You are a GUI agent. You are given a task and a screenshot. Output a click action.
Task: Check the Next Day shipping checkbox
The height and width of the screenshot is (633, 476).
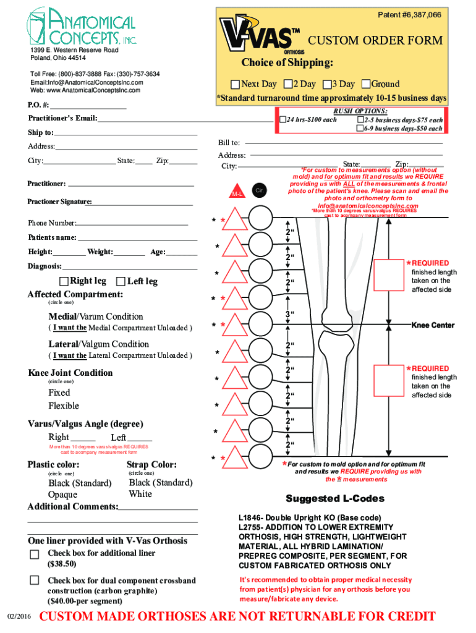[x=235, y=85]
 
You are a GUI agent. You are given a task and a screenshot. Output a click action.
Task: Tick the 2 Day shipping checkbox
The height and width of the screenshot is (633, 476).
[x=288, y=84]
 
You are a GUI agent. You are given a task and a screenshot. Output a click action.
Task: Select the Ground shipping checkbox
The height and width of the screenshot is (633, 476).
[x=366, y=84]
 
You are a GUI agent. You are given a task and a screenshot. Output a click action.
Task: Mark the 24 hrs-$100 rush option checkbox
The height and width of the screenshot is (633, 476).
[x=283, y=119]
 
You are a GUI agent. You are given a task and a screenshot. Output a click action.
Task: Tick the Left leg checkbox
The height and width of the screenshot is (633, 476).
[x=121, y=281]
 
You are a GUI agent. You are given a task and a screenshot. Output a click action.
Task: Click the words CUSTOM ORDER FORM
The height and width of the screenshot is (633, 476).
[x=375, y=41]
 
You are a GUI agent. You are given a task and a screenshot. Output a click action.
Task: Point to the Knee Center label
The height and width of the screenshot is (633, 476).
[x=433, y=325]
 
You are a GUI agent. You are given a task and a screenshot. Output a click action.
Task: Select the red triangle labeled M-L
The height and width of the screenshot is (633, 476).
[x=236, y=191]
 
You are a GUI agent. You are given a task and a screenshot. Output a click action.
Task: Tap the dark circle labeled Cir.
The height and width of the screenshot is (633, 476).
[x=260, y=190]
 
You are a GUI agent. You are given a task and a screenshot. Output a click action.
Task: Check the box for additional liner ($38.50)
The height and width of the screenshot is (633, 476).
[x=35, y=553]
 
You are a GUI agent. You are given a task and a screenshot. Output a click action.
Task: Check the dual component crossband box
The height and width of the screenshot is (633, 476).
[x=35, y=580]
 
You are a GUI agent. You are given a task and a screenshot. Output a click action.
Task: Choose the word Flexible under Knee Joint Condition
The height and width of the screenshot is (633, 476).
[x=64, y=406]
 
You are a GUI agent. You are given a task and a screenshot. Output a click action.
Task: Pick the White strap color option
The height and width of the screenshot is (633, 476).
[x=140, y=494]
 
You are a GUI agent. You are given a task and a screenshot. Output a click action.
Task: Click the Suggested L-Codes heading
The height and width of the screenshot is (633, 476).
[x=334, y=499]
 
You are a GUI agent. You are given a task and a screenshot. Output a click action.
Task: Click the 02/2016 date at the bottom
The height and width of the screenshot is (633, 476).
[x=19, y=618]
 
